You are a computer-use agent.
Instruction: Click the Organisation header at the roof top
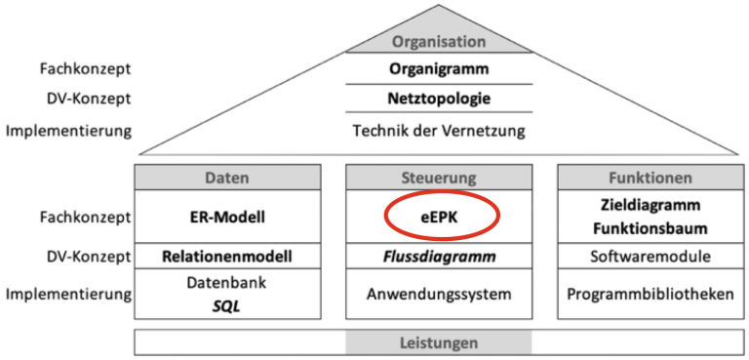coord(439,41)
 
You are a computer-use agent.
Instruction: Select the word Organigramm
coord(439,69)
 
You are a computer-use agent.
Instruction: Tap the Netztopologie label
coord(439,99)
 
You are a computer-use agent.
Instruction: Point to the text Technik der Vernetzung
coord(439,129)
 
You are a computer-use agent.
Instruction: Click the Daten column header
coord(226,178)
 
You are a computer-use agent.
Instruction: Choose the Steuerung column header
coord(439,178)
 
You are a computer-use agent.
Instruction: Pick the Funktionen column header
coord(650,178)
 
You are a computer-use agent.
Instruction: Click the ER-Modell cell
coord(226,216)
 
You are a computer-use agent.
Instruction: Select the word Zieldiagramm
coord(650,206)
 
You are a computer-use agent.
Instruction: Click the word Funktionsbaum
coord(650,227)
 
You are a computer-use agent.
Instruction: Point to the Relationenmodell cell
coord(226,257)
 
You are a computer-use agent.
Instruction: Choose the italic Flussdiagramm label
coord(439,257)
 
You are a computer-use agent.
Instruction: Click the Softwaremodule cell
coord(650,257)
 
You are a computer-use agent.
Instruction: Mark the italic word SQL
coord(226,304)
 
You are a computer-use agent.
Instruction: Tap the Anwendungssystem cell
coord(439,294)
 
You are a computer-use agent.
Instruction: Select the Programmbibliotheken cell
coord(650,294)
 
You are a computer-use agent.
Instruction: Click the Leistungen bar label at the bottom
coord(439,342)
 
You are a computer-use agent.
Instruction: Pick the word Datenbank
coord(226,283)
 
